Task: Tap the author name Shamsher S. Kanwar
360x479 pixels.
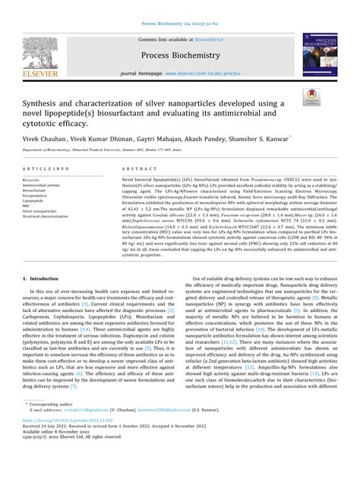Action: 256,140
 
